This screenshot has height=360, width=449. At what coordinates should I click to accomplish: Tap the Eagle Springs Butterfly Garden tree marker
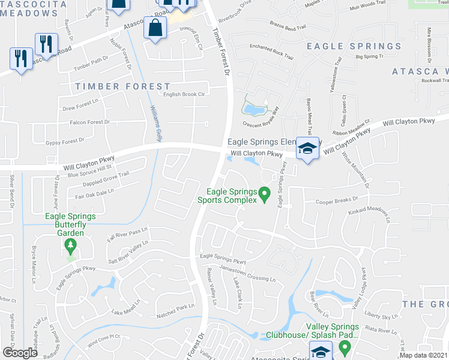(71, 245)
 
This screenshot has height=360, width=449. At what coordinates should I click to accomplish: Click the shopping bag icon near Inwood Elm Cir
(155, 28)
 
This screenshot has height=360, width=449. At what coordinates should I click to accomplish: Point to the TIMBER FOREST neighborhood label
(122, 86)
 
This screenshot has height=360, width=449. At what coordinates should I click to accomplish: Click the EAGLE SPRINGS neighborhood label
(354, 46)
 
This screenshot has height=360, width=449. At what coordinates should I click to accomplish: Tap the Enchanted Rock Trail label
(271, 53)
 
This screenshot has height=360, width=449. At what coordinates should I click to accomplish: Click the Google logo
(20, 352)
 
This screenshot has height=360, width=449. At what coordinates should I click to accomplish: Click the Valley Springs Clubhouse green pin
(345, 347)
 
